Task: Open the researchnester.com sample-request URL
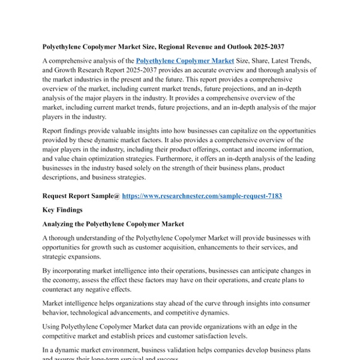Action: [202, 196]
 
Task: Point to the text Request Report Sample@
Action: [81, 196]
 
